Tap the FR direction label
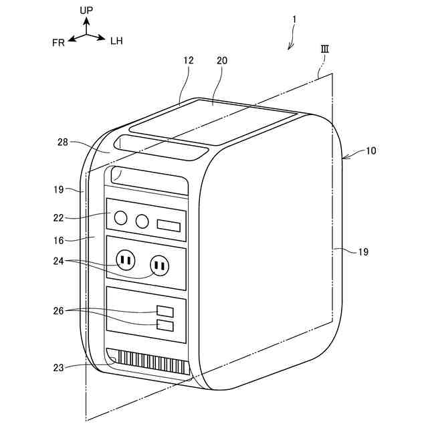[x=58, y=41]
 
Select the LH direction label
[x=116, y=41]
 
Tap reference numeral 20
[x=222, y=60]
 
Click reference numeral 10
[x=370, y=150]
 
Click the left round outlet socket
[x=125, y=259]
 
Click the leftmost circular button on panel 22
[x=120, y=217]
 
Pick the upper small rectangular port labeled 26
[x=165, y=311]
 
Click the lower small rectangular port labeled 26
[x=165, y=326]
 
